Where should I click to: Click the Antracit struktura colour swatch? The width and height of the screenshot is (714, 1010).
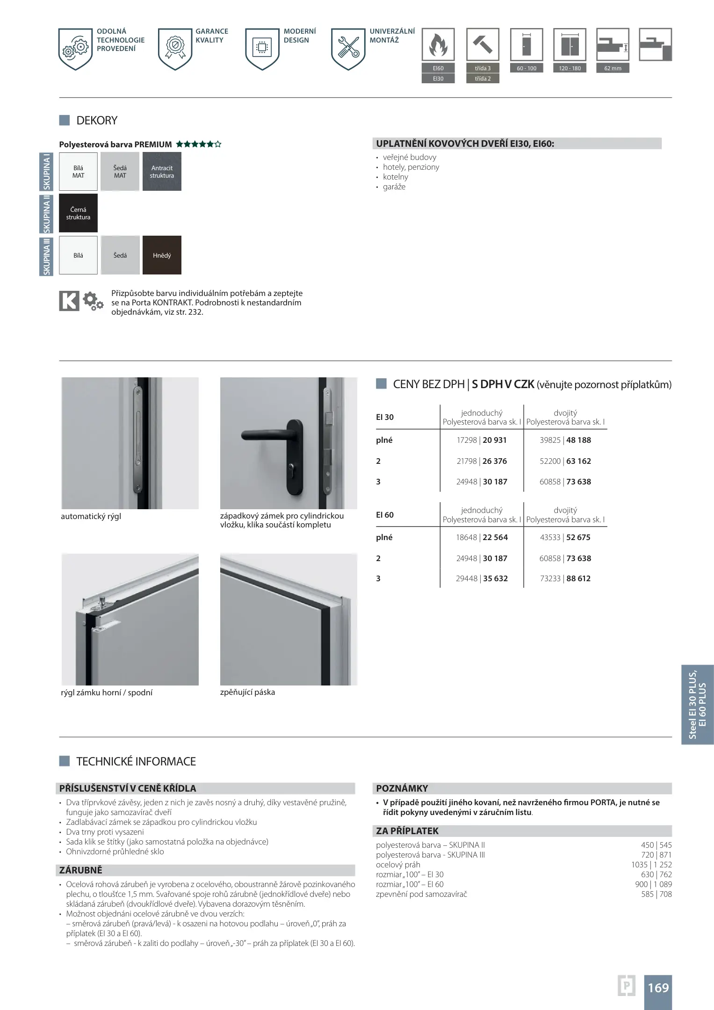(162, 172)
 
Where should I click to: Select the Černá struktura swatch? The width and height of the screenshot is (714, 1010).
(78, 213)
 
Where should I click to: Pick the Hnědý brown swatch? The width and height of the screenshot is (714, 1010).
(162, 255)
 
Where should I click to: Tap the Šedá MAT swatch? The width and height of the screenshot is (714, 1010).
(120, 172)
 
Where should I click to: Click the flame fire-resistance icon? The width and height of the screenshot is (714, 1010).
(438, 45)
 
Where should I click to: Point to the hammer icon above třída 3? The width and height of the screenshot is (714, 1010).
(483, 45)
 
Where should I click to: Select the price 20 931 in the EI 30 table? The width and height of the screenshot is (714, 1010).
(495, 440)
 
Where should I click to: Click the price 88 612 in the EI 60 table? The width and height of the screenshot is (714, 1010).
(578, 578)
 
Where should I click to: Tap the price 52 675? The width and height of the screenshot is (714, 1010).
(578, 537)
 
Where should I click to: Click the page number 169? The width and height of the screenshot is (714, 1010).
(658, 988)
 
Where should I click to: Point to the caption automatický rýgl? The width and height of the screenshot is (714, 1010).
(91, 517)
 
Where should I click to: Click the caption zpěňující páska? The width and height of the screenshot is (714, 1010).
(247, 692)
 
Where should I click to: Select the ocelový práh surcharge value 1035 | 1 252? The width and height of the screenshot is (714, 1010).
(651, 865)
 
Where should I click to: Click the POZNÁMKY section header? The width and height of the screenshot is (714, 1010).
(402, 788)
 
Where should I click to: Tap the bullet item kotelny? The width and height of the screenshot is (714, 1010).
(396, 177)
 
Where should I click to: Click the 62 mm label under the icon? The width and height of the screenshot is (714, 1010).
(613, 68)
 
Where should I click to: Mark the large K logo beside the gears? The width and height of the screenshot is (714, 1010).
(69, 301)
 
